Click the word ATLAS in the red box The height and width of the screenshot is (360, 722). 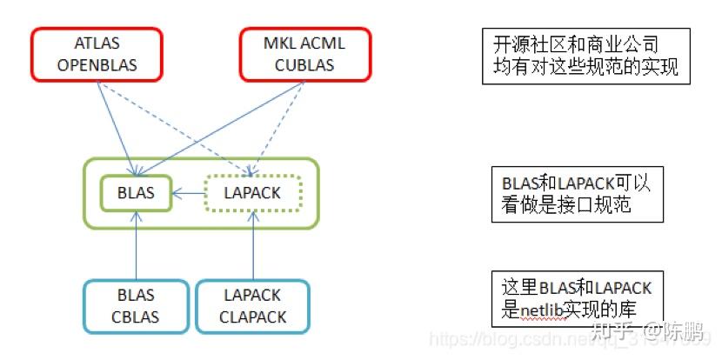[x=97, y=44]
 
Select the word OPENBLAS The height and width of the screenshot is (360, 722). [x=97, y=64]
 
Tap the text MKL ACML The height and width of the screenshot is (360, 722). [x=304, y=44]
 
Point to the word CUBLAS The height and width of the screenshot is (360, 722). [x=304, y=64]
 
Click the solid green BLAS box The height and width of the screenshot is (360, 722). [x=134, y=193]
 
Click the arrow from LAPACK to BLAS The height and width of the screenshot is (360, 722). [x=188, y=193]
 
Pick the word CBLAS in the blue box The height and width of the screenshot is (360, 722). [x=136, y=317]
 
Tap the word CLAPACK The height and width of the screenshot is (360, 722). [x=253, y=317]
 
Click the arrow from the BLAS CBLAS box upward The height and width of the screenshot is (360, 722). [x=137, y=248]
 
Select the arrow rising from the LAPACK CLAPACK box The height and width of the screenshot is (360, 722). [x=253, y=248]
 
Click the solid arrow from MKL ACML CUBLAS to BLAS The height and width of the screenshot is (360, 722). [x=226, y=122]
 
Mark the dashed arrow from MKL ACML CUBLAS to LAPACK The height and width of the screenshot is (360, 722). [x=277, y=122]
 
